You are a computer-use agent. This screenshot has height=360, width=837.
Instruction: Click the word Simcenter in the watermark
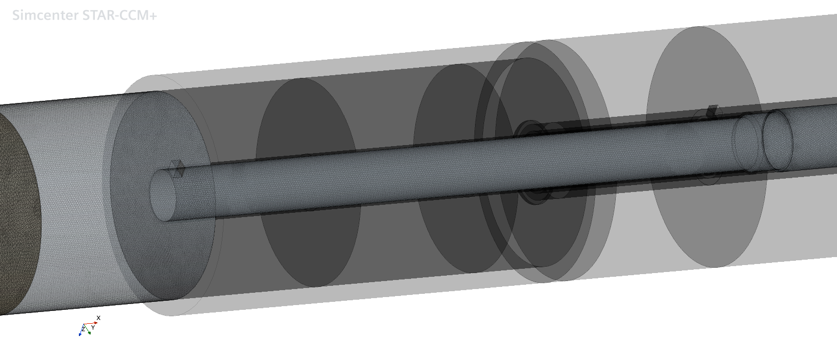45,15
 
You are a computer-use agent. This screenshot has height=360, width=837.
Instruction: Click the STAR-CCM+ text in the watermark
119,15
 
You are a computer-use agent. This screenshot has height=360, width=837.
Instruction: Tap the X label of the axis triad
98,318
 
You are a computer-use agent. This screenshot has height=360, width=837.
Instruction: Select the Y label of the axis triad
93,327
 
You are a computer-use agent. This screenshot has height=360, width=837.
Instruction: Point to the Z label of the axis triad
83,329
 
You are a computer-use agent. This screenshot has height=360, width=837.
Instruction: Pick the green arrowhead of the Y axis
90,332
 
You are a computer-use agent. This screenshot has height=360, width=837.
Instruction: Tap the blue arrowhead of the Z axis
80,334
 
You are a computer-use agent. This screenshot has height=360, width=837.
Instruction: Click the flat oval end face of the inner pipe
163,195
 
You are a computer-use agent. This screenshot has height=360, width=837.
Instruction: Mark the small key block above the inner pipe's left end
178,168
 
